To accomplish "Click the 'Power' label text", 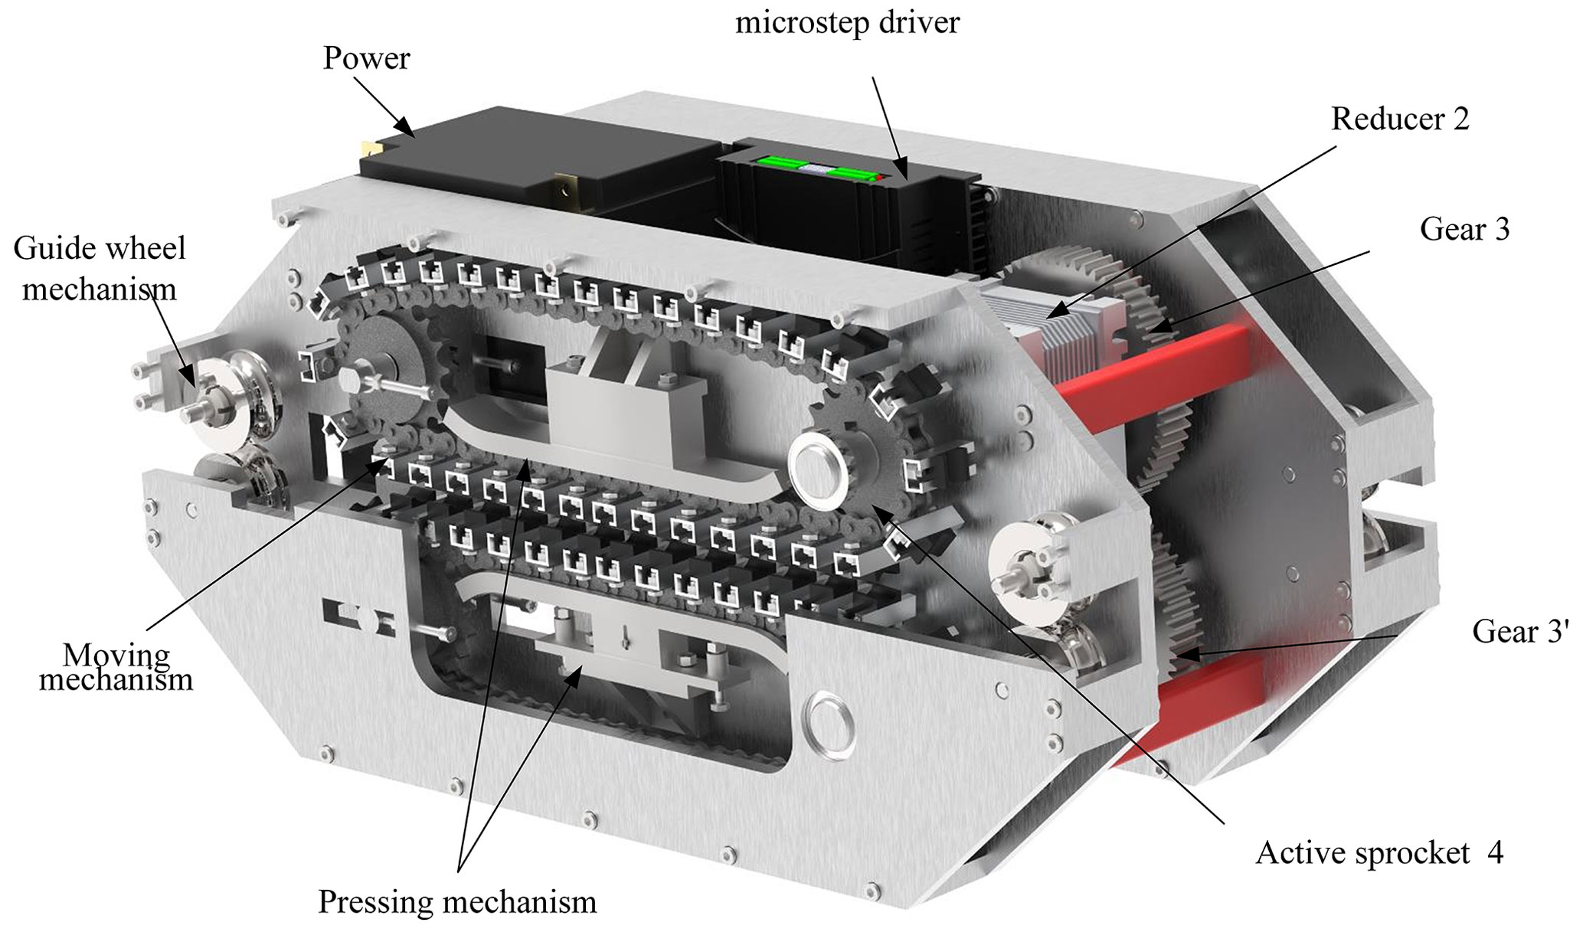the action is coord(366,58).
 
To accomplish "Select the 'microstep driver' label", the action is coord(847,22).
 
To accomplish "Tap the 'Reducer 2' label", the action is coord(1400,119).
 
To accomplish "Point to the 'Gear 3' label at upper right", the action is coord(1464,229).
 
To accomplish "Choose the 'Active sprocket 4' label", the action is coord(1379,853).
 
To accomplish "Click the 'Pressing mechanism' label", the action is coord(457,901).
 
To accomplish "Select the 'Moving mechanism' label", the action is coord(116,667).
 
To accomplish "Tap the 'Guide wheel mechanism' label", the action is coord(100,269).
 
